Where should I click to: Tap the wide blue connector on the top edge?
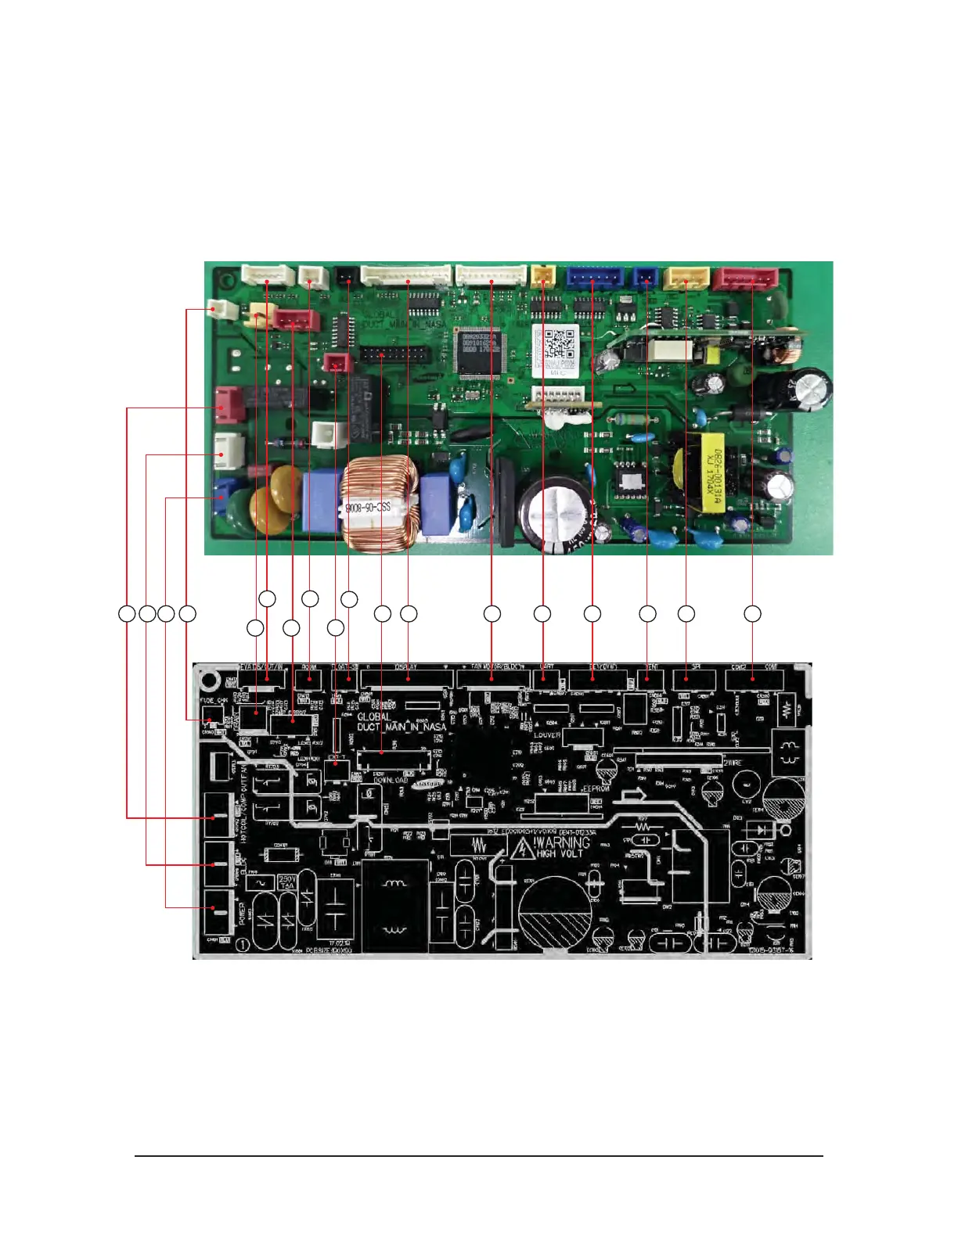click(592, 277)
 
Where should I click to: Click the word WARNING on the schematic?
click(562, 842)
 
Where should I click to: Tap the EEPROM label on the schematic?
click(596, 788)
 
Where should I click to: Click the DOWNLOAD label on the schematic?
click(391, 780)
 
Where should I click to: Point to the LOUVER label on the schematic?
click(547, 735)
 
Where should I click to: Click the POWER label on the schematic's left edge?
click(241, 913)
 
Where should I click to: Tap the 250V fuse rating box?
click(286, 882)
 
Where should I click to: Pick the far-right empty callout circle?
click(752, 614)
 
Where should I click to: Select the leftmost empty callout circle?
click(127, 614)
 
